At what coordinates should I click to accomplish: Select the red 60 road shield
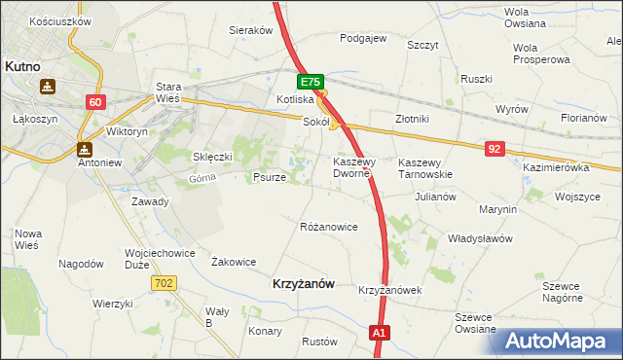[94, 102]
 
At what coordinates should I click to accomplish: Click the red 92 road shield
[495, 148]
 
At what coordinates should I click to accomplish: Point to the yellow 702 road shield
[164, 282]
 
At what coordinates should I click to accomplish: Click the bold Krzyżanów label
[300, 283]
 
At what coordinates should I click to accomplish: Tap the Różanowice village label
[329, 227]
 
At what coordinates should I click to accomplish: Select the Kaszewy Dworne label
[350, 167]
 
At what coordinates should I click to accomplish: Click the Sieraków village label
[250, 30]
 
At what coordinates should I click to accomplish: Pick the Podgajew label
[363, 38]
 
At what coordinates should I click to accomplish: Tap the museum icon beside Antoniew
[84, 149]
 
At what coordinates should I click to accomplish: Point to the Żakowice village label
[234, 262]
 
